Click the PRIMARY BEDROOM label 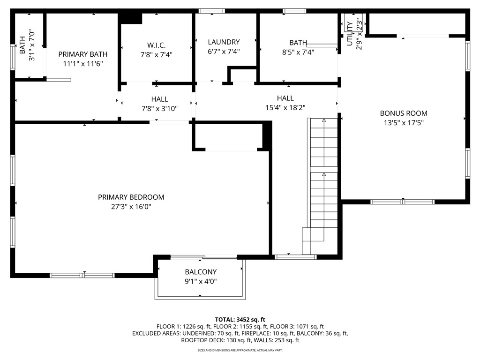pyautogui.click(x=131, y=197)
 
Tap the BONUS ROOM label pyautogui.click(x=403, y=113)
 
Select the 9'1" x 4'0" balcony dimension pyautogui.click(x=201, y=281)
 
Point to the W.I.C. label pyautogui.click(x=156, y=45)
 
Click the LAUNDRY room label pyautogui.click(x=224, y=42)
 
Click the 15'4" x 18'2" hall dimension pyautogui.click(x=285, y=107)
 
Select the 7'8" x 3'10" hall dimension pyautogui.click(x=159, y=109)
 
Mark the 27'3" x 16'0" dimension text pyautogui.click(x=131, y=207)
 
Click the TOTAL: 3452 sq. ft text pyautogui.click(x=240, y=319)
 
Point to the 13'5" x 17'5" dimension pyautogui.click(x=403, y=123)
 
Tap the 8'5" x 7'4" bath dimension pyautogui.click(x=298, y=52)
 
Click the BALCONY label pyautogui.click(x=201, y=272)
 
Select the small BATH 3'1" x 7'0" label pyautogui.click(x=27, y=46)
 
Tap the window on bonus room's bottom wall pyautogui.click(x=403, y=202)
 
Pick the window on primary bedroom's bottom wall pyautogui.click(x=82, y=275)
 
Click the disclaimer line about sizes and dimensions pyautogui.click(x=240, y=350)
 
